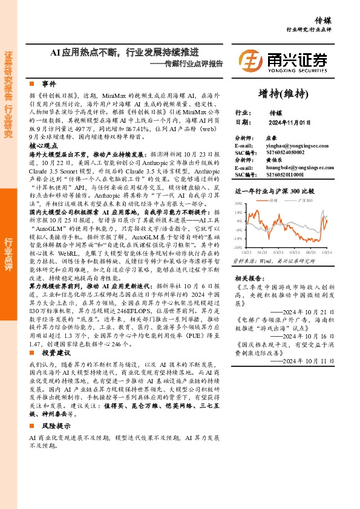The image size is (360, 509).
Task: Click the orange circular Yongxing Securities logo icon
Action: pos(250,60)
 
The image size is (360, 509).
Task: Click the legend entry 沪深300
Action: pos(306,199)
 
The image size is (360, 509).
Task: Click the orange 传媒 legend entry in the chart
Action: pos(276,199)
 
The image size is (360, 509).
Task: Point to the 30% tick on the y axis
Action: pos(238,204)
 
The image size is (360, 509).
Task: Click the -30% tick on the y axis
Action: pos(238,247)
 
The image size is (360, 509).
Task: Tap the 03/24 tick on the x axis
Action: pos(278,251)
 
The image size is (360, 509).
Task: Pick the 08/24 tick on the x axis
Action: pos(311,251)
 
